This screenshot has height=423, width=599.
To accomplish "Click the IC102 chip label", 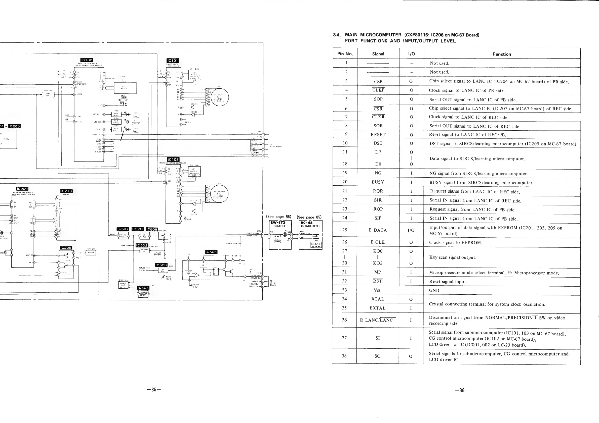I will (87, 60).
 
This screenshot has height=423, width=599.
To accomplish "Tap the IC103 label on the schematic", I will (173, 160).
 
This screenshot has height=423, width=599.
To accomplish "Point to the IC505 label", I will (211, 252).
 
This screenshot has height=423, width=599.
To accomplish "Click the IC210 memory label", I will (66, 191).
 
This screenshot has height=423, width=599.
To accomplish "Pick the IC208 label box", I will (66, 248).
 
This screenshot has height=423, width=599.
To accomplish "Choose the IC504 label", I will (143, 288).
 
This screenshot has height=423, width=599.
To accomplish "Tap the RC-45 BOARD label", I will (310, 224).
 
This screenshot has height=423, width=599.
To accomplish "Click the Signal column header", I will (378, 54).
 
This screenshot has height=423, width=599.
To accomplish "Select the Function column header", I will (501, 54).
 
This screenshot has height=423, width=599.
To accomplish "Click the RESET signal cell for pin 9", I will (378, 135).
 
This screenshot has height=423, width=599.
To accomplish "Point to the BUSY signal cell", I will (378, 182).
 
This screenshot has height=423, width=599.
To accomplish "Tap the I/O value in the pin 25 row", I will (411, 230).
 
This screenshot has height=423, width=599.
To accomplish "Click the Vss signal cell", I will (377, 290).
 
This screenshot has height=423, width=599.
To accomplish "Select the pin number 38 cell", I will (344, 356).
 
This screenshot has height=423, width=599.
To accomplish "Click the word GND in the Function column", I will (434, 290).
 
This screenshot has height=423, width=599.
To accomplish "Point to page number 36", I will (462, 390).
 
